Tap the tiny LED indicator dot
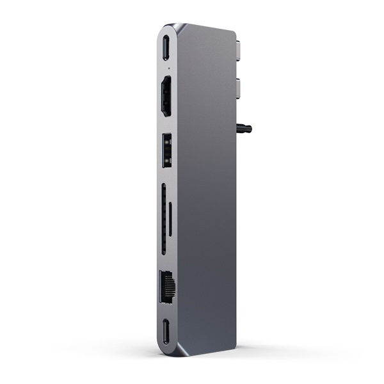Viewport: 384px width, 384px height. [167, 66]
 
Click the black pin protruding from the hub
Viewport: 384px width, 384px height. [244, 129]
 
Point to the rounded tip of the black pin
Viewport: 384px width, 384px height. [250, 129]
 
